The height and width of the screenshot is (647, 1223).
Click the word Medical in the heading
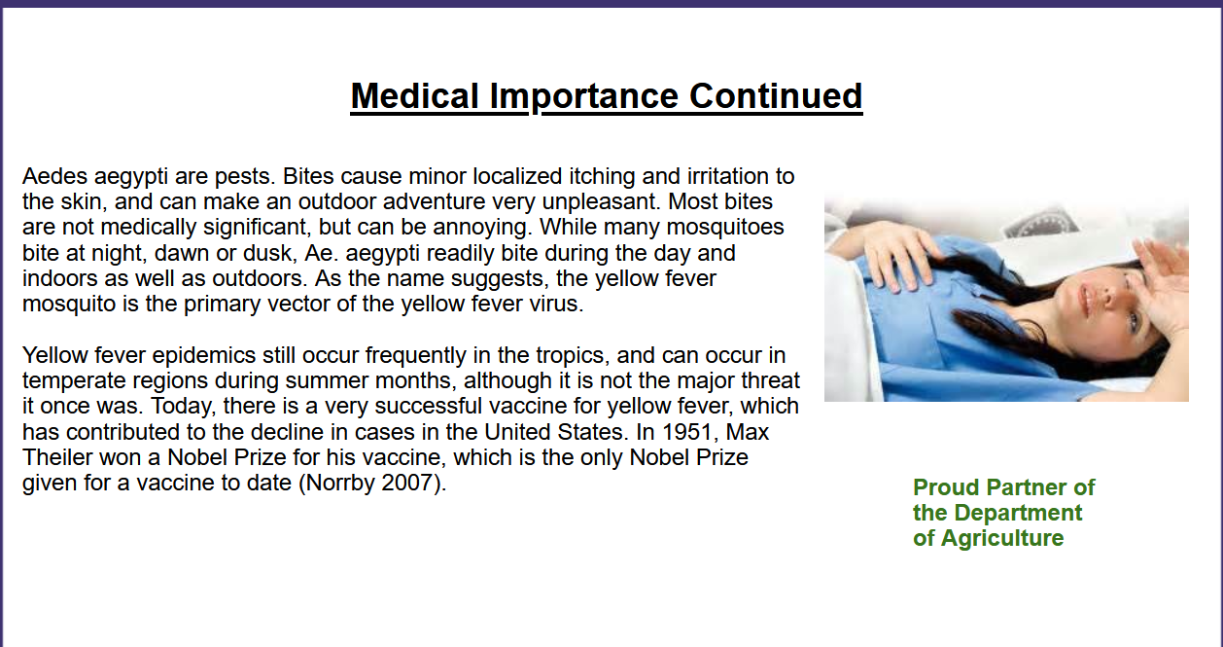pos(415,96)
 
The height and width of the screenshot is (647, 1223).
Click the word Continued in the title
pos(776,96)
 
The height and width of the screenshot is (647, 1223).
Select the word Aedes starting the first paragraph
pos(54,176)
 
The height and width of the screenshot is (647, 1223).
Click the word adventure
pos(434,202)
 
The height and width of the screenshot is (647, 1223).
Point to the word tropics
pos(573,356)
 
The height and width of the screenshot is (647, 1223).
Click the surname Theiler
pos(57,458)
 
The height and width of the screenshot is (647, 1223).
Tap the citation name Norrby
pos(337,484)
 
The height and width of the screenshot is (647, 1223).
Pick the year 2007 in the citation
pos(412,484)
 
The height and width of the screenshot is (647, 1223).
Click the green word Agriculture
pos(1002,538)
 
